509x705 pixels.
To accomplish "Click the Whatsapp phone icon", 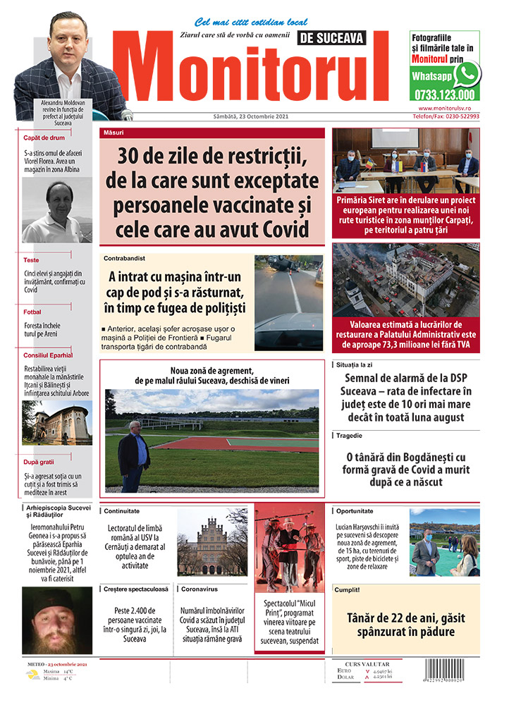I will tap(467, 74).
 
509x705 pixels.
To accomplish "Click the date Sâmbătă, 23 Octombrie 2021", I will tap(238, 117).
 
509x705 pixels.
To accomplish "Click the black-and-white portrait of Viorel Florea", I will tap(56, 211).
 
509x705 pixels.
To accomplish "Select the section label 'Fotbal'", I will tap(32, 312).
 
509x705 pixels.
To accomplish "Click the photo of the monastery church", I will tap(56, 423).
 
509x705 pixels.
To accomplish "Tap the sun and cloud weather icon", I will tap(32, 675).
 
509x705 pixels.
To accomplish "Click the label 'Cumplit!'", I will tap(348, 589).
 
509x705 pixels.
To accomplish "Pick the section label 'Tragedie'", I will tap(350, 436).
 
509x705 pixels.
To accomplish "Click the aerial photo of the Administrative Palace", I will tap(405, 279).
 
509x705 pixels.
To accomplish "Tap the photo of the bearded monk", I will tap(56, 620).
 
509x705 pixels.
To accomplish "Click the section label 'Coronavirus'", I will tap(200, 588).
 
